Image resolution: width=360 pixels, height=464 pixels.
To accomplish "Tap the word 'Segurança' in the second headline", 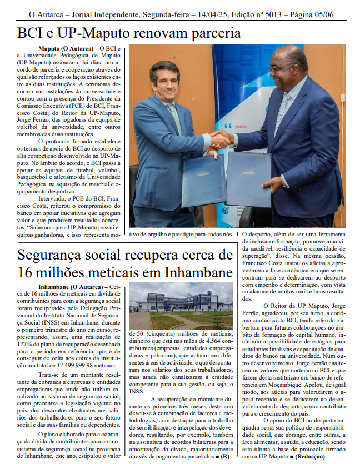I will (x=51, y=256).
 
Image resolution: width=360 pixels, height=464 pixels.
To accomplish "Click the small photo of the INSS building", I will (x=181, y=306).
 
